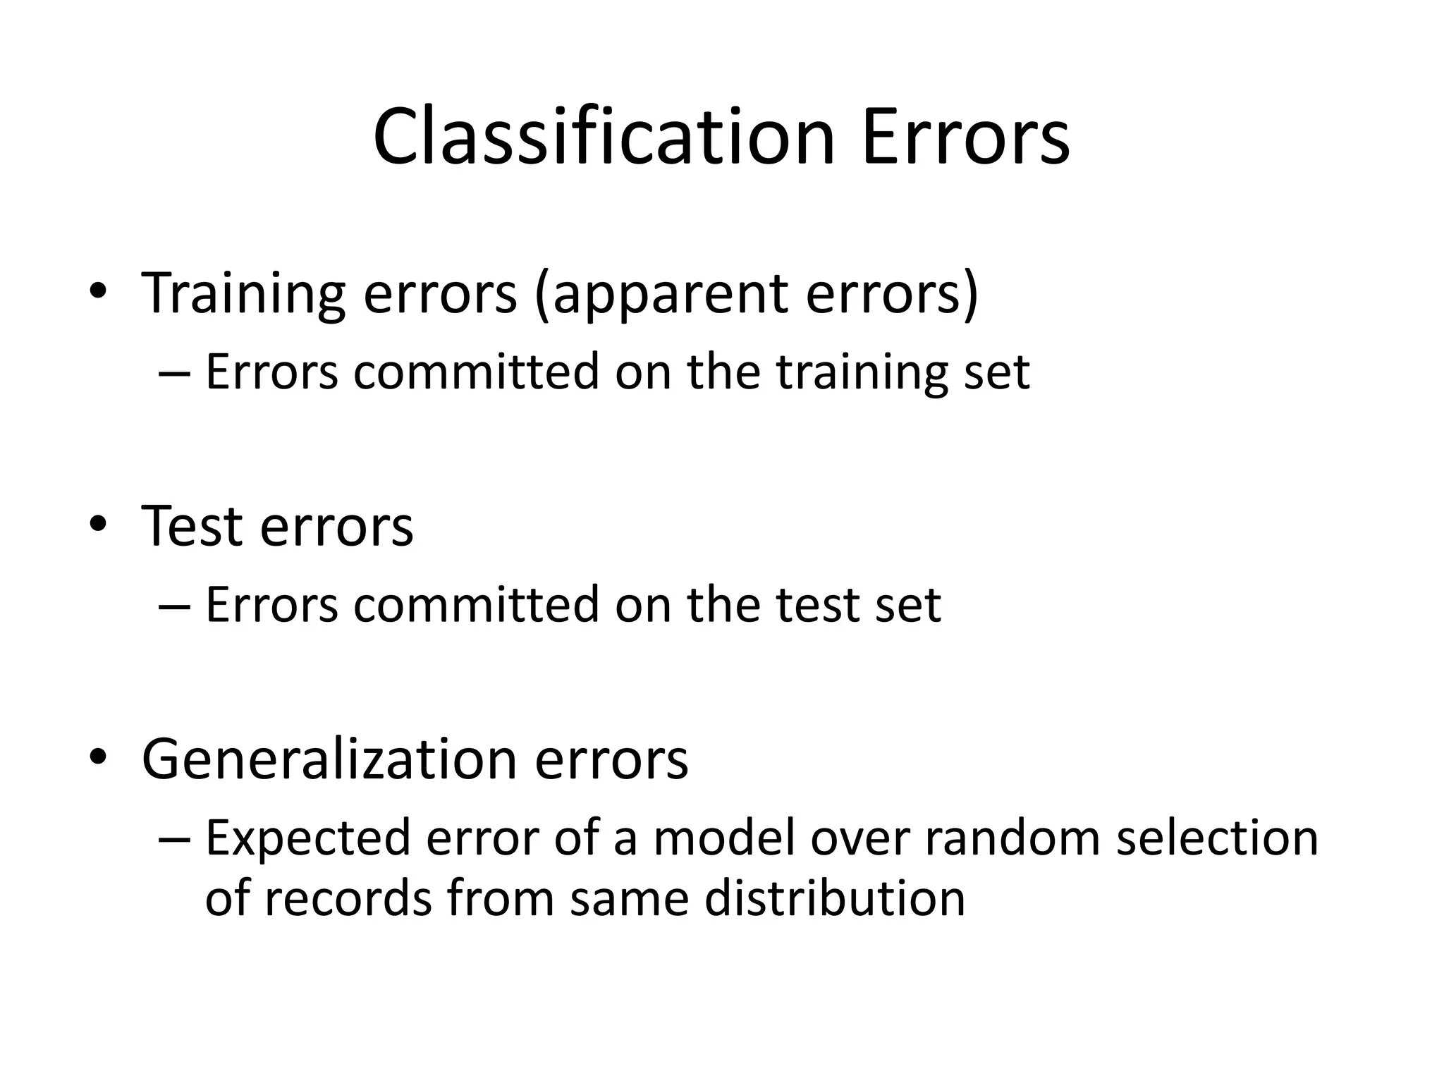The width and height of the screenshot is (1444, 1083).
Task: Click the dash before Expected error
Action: click(175, 839)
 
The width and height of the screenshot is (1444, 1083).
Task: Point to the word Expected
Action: click(307, 839)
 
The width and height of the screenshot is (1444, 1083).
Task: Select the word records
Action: click(348, 899)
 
